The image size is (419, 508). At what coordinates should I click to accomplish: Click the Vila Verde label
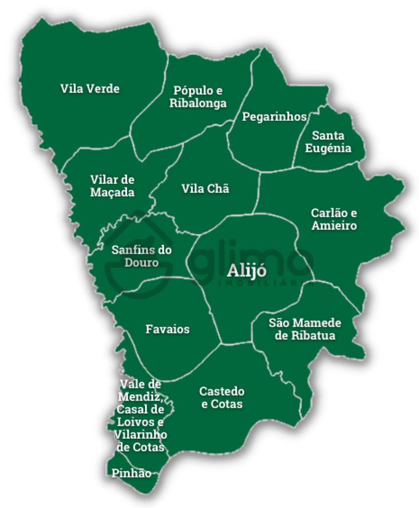click(x=90, y=89)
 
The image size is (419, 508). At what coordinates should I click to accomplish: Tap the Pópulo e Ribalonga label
click(x=198, y=96)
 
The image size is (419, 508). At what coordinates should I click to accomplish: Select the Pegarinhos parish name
click(x=274, y=116)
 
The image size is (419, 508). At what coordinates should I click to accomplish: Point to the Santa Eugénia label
click(x=328, y=142)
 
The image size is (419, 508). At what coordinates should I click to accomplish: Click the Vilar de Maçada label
click(x=112, y=186)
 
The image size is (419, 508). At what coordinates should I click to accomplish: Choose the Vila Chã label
click(x=205, y=188)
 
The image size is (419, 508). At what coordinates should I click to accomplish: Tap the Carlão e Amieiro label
click(x=334, y=219)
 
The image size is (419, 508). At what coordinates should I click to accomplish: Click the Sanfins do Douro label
click(x=141, y=256)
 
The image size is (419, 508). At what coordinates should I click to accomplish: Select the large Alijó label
click(x=247, y=271)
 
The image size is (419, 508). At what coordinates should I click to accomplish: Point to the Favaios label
click(x=167, y=329)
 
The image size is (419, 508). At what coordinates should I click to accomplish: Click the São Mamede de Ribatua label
click(x=305, y=329)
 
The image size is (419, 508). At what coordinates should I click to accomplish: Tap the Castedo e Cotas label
click(x=222, y=397)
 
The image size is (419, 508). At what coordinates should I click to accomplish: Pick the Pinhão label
click(x=131, y=473)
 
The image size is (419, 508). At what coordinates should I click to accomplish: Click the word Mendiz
click(x=140, y=397)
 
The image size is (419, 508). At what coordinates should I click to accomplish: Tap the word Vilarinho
click(x=140, y=434)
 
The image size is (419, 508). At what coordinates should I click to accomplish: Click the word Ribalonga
click(x=198, y=103)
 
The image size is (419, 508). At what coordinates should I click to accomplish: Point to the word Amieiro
click(x=334, y=225)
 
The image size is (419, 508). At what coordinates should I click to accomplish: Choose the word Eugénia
click(x=328, y=148)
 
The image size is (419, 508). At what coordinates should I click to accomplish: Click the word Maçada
click(x=112, y=192)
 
